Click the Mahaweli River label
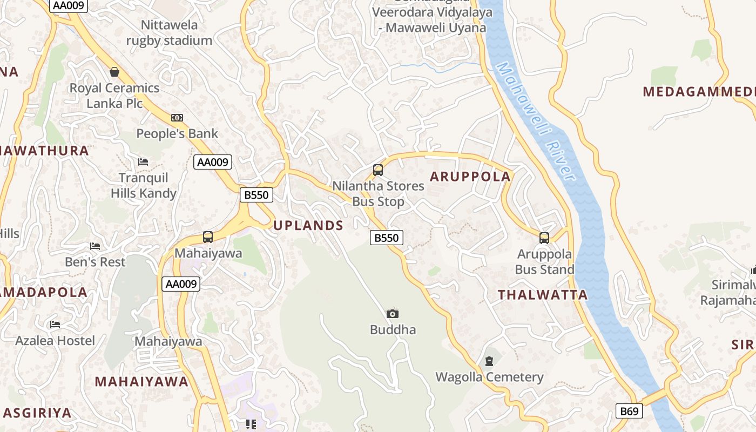pyautogui.click(x=535, y=121)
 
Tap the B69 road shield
pyautogui.click(x=629, y=411)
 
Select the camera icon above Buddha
pyautogui.click(x=393, y=314)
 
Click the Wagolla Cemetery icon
pyautogui.click(x=489, y=361)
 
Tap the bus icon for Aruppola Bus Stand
pyautogui.click(x=544, y=238)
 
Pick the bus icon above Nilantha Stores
pyautogui.click(x=378, y=170)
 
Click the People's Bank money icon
pyautogui.click(x=177, y=118)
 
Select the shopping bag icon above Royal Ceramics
pyautogui.click(x=114, y=72)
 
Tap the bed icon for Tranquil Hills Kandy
pyautogui.click(x=143, y=162)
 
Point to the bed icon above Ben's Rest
pyautogui.click(x=95, y=246)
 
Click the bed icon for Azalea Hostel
pyautogui.click(x=55, y=325)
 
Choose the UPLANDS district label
pyautogui.click(x=308, y=226)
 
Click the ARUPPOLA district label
pyautogui.click(x=470, y=177)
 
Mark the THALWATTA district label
pyautogui.click(x=543, y=295)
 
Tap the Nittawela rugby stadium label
pyautogui.click(x=169, y=32)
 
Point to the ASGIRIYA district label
pyautogui.click(x=37, y=413)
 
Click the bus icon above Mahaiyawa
pyautogui.click(x=208, y=237)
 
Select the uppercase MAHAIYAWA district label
pyautogui.click(x=141, y=382)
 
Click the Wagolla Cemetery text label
pyautogui.click(x=489, y=377)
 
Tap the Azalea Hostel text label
pyautogui.click(x=55, y=341)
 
